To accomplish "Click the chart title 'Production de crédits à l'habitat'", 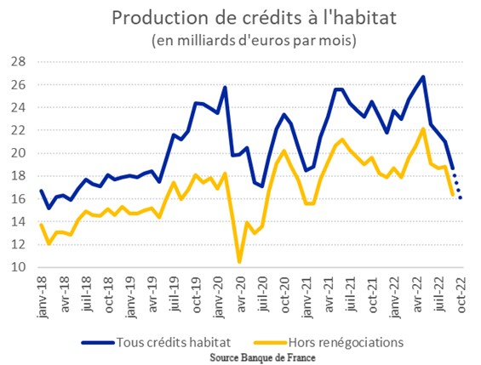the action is [x=254, y=18].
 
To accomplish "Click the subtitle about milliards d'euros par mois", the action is [x=254, y=41].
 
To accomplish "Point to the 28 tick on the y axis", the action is [x=19, y=62].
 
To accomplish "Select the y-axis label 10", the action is [x=19, y=267].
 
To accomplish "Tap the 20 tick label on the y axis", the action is [x=19, y=153].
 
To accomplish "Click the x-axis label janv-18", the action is [x=43, y=297].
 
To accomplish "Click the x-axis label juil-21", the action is [x=351, y=294].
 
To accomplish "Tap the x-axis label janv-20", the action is [x=219, y=297].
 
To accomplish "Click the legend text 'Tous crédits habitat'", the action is [x=174, y=342].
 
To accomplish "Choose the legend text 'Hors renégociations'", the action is [x=346, y=342].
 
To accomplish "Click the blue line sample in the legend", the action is [x=98, y=343].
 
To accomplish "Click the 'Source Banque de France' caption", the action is [x=262, y=357].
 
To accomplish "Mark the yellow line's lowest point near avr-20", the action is [x=239, y=261].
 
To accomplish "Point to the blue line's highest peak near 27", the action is [x=423, y=77].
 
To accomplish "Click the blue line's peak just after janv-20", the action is [x=225, y=88].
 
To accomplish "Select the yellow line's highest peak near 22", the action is [x=423, y=129].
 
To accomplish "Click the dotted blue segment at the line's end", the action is [x=457, y=186].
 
